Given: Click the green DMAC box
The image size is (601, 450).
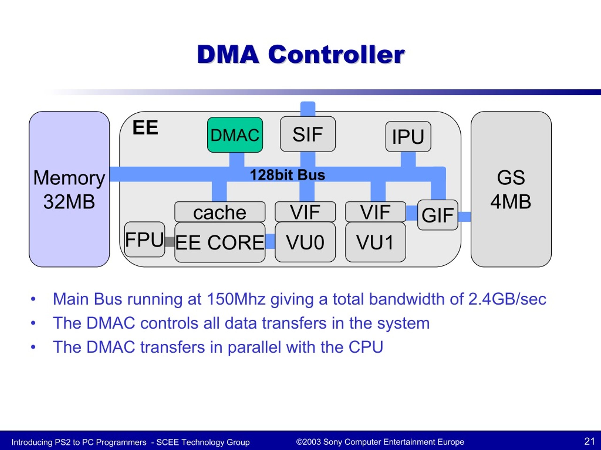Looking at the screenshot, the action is tap(235, 135).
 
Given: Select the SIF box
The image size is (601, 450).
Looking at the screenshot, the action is tap(308, 134).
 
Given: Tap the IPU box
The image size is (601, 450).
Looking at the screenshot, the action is tap(408, 136).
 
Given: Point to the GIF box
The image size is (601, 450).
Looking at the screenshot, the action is tap(437, 215).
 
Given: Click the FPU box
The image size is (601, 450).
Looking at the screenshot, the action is tap(145, 239).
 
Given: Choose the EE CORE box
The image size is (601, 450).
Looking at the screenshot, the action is tap(220, 242).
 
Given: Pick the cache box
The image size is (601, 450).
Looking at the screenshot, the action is tap(220, 212).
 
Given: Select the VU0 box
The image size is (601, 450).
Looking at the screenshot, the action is tap(305, 242).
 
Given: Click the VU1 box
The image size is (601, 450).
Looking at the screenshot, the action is tap(375, 242).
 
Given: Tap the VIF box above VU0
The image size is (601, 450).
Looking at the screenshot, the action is tap(305, 212).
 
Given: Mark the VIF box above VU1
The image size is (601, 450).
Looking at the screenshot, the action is tap(375, 212).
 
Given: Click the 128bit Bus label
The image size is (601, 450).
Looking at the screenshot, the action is tap(287, 175).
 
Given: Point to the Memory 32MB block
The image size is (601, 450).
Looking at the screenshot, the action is tap(69, 189).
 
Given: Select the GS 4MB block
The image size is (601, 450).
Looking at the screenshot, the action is tap(511, 189).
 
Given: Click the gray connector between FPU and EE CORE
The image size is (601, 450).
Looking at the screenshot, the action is tap(170, 242).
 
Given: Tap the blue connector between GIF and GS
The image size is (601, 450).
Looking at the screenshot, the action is tap(464, 217).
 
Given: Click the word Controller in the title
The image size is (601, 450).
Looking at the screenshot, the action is tap(336, 54).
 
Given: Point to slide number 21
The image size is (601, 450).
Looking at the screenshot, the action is tap(589, 441).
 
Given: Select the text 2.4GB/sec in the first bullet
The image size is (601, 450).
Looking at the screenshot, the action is tap(507, 299).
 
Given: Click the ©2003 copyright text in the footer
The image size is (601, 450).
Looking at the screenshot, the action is tap(380, 442).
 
